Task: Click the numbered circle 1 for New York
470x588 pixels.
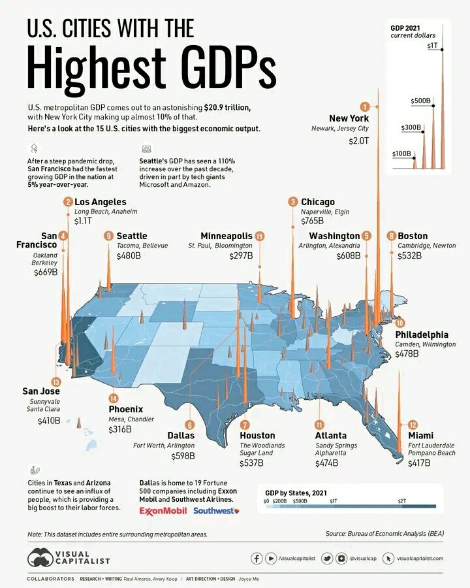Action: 365,106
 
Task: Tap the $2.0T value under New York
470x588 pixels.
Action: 358,141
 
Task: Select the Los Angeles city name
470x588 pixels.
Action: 101,202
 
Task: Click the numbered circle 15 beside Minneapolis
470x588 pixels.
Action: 260,236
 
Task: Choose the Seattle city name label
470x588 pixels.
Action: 131,236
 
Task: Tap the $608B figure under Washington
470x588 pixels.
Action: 347,256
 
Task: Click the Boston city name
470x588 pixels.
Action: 413,236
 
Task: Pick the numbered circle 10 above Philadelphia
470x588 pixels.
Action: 399,323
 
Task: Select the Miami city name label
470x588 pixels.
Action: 420,435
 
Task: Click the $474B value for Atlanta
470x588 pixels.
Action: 326,463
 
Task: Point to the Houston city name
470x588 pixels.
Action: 257,435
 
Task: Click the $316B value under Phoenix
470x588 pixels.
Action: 120,429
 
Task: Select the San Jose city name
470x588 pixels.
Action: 42,391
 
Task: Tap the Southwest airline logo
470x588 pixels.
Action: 215,510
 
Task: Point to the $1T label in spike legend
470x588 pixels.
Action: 432,46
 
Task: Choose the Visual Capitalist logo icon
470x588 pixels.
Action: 40,557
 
